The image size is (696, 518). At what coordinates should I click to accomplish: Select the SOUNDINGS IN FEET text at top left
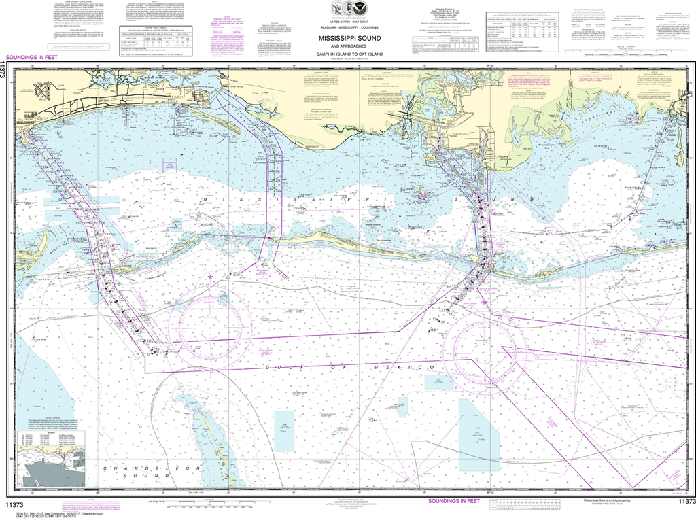(x=30, y=60)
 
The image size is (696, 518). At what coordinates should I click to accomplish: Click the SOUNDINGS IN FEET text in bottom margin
(x=454, y=501)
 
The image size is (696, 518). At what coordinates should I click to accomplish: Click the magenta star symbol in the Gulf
(x=210, y=277)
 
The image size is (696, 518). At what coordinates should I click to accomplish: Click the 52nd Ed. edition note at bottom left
(x=27, y=511)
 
